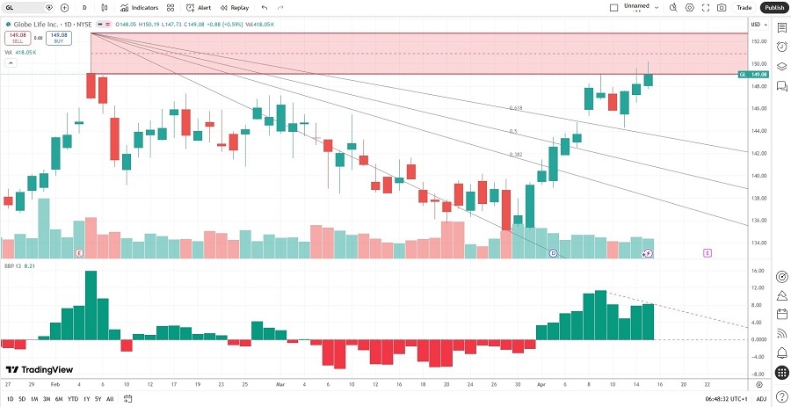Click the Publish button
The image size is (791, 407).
coord(773,7)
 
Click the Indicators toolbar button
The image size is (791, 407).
coord(139,7)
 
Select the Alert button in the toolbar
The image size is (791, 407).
coord(199,7)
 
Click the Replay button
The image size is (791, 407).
coord(235,7)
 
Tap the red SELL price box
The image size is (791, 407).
coord(18,38)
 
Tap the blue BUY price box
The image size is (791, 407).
coord(60,38)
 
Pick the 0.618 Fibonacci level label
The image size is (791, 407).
coord(516,108)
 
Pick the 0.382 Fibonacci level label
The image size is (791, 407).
coord(516,154)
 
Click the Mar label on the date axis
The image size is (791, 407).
coord(280,384)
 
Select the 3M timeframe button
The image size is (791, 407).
coord(47,399)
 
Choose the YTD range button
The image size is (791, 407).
coord(72,399)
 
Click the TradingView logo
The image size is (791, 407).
coord(40,370)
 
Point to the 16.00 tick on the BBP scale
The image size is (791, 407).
coord(757,271)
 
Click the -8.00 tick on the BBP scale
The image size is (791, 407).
coord(757,374)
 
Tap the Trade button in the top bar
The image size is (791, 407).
coord(744,7)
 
